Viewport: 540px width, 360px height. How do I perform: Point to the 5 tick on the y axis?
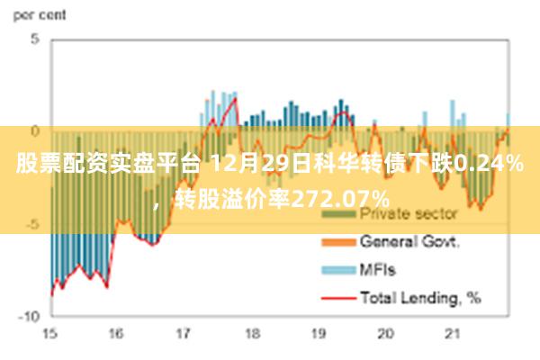[34, 40]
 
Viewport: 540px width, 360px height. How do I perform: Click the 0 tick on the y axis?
[34, 131]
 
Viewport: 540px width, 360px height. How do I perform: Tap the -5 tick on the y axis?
[31, 223]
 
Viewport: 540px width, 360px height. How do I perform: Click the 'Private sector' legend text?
[409, 215]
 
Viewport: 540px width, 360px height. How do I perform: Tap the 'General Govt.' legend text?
[410, 242]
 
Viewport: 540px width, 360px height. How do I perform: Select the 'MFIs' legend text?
[377, 269]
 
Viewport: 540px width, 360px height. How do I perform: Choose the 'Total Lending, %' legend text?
[420, 296]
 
